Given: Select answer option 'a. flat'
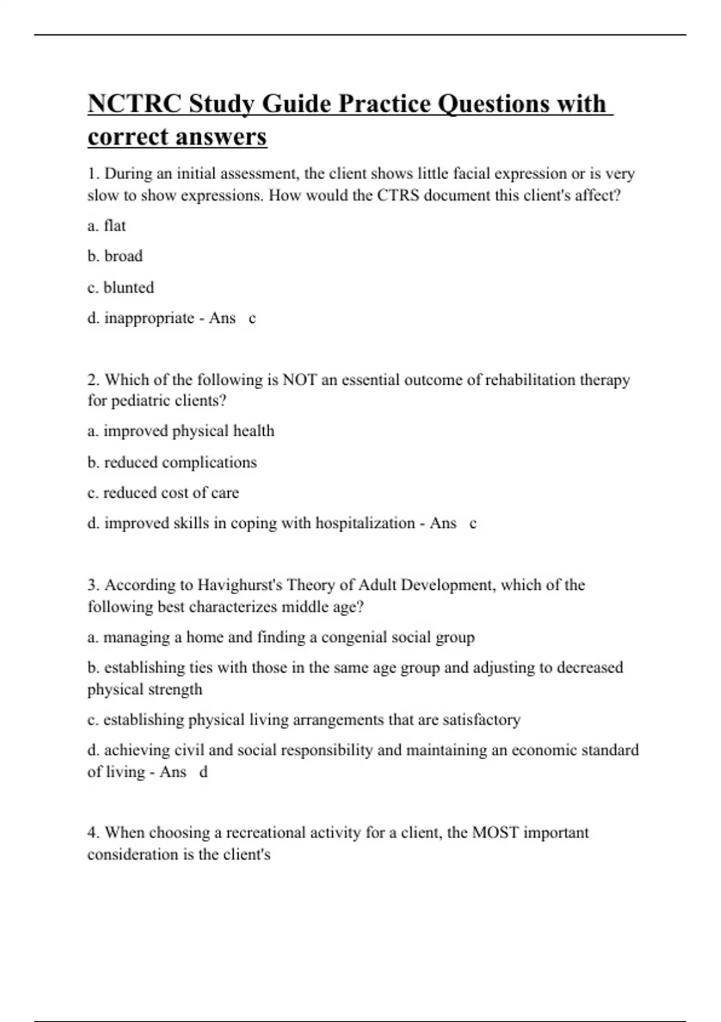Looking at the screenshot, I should (x=106, y=225).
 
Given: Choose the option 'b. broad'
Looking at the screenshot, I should (x=115, y=256).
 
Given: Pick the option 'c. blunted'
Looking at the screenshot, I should (x=120, y=287).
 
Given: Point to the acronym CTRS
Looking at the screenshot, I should (x=398, y=195).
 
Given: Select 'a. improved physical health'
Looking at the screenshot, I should (x=180, y=431).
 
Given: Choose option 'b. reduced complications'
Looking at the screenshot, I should (x=172, y=462).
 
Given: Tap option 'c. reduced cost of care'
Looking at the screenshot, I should (x=163, y=493).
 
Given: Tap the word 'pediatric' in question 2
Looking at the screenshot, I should (x=129, y=401).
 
